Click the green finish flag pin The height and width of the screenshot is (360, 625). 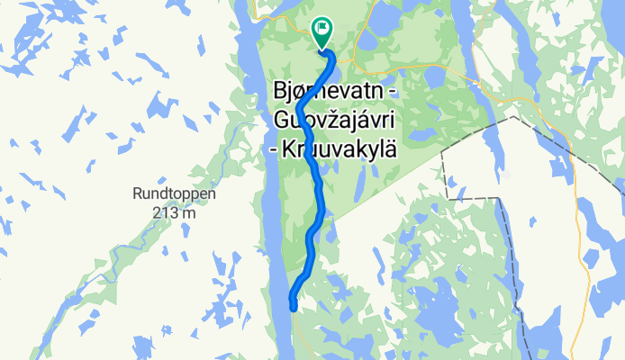pyautogui.click(x=322, y=32)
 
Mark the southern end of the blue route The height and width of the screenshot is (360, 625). pyautogui.click(x=294, y=306)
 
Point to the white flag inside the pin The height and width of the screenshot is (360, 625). pyautogui.click(x=322, y=29)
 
